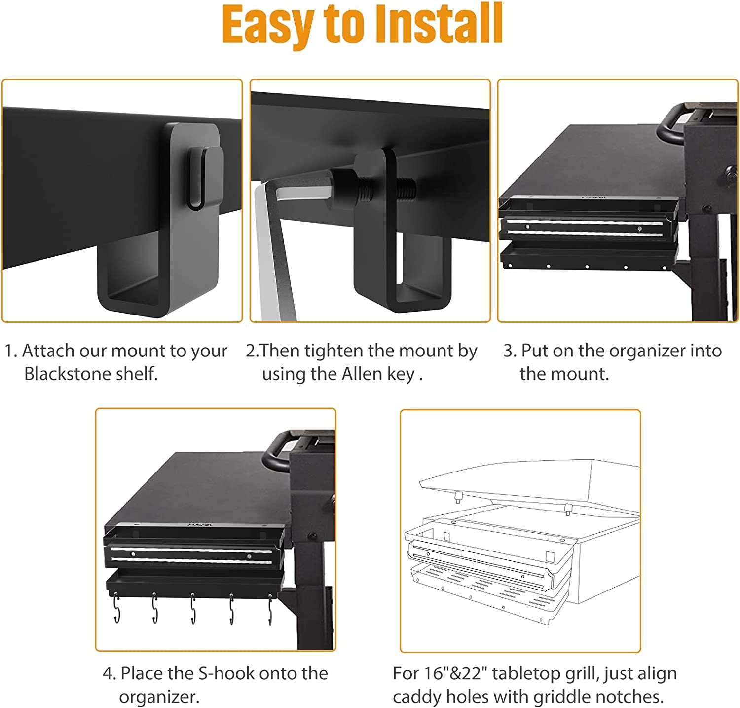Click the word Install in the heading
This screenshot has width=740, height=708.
coord(439,25)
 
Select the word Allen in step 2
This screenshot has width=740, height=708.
coord(363,374)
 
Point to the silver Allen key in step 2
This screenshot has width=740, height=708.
coord(271,247)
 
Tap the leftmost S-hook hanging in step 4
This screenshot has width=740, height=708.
coord(116,610)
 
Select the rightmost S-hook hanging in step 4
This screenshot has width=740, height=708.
coord(270,610)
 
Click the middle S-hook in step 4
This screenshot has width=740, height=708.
coord(193,610)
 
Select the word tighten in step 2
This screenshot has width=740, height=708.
coord(334,351)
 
